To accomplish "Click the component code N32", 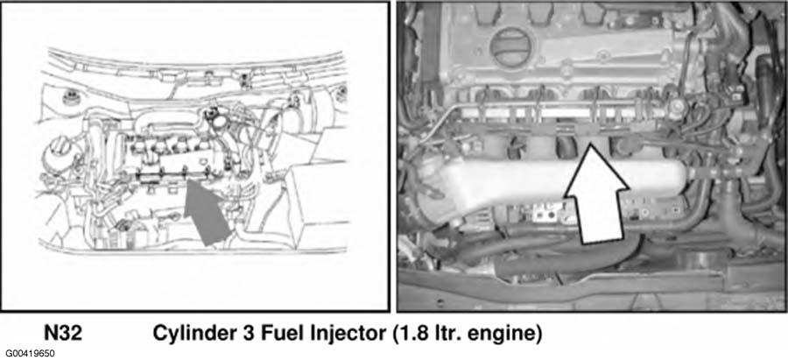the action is (x=63, y=334).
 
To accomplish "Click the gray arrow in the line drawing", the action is (x=207, y=214).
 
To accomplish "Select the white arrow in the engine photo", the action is (x=597, y=194).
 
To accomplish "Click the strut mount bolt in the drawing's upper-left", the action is (x=69, y=96).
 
